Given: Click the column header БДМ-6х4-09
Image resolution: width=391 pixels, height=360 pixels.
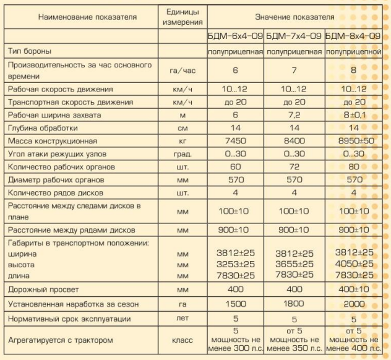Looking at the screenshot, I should (x=235, y=36).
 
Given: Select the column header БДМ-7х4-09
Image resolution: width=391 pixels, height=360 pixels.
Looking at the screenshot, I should (x=294, y=36).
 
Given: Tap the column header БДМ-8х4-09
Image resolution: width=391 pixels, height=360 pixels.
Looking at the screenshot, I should (x=353, y=36).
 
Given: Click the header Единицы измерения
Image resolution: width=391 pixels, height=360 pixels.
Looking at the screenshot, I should (x=183, y=17).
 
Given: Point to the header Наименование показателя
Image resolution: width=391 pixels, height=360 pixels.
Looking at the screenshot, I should (x=79, y=17).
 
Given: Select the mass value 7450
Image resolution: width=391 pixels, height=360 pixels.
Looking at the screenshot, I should (x=235, y=140).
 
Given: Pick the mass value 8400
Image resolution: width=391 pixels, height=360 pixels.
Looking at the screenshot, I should (x=294, y=140).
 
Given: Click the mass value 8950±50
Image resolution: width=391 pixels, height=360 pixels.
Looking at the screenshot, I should (x=354, y=140).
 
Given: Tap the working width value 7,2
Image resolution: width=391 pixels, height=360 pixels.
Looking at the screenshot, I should (x=294, y=115).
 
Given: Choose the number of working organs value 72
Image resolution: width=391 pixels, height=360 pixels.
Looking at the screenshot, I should (x=294, y=166).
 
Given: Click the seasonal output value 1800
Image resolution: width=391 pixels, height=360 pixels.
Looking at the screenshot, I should (x=294, y=305).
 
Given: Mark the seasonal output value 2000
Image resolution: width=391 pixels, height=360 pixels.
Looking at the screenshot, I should (x=354, y=305).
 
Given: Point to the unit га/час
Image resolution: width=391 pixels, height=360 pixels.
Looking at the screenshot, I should (x=183, y=70).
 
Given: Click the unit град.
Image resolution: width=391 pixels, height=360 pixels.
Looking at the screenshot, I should (x=183, y=153).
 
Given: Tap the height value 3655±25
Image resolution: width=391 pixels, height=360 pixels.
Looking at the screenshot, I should (x=294, y=263).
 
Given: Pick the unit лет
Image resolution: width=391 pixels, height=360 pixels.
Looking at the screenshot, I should (x=183, y=319).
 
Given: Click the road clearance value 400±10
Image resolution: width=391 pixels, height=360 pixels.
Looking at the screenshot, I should (x=354, y=289).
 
